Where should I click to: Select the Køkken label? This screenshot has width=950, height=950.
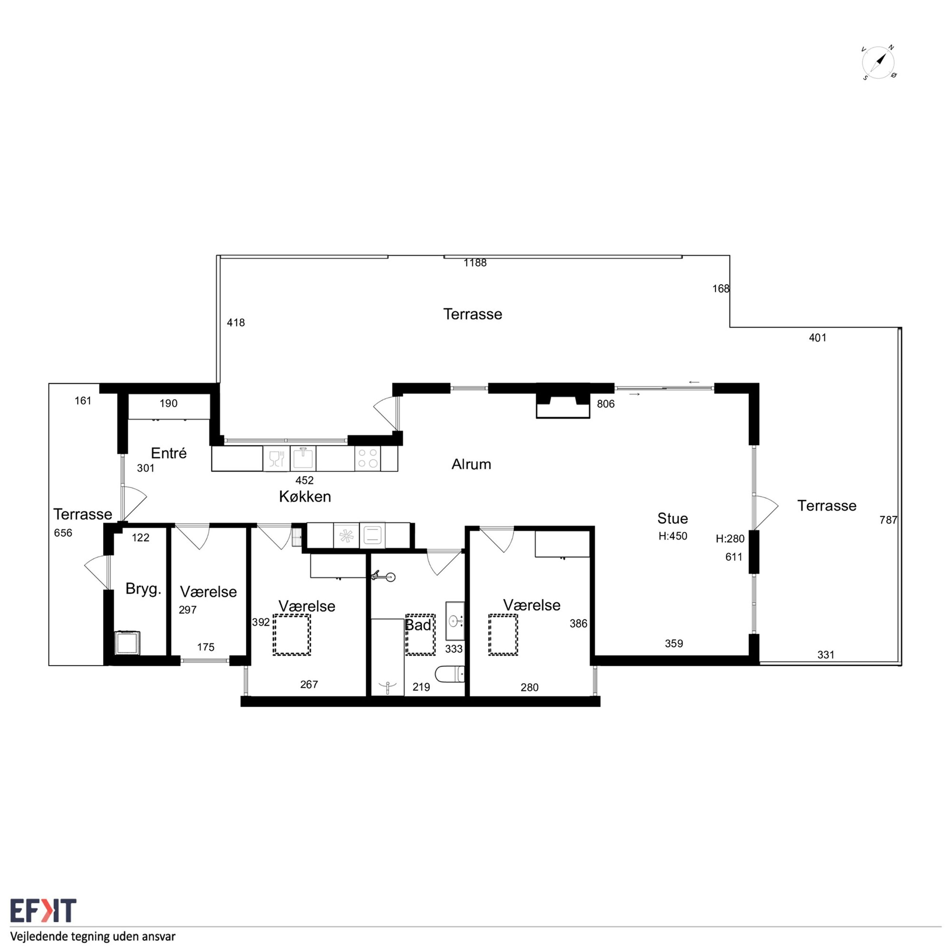tap(305, 497)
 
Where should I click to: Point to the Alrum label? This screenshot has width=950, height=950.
tap(471, 464)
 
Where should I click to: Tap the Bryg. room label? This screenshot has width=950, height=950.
tap(143, 589)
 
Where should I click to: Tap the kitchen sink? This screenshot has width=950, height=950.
tap(303, 458)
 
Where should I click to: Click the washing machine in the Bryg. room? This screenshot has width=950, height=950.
tap(127, 643)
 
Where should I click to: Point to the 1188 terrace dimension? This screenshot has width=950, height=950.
tap(475, 263)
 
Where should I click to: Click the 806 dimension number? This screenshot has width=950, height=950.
tap(606, 404)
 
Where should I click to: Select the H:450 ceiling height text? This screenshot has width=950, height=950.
tap(673, 536)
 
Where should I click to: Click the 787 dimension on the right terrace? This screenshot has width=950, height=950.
tap(888, 520)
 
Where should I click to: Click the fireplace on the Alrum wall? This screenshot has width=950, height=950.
tap(563, 401)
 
